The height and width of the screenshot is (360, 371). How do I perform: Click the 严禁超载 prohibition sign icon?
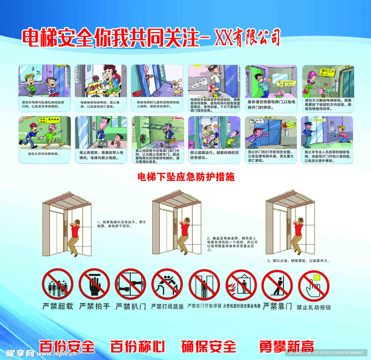coord(58,284)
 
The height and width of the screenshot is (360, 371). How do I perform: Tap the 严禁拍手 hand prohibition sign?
coord(94,284)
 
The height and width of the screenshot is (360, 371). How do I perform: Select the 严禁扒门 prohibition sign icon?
coord(130,284)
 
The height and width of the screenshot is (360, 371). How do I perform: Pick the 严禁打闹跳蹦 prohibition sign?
coord(167,284)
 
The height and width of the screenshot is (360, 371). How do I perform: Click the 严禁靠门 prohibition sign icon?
coord(277,284)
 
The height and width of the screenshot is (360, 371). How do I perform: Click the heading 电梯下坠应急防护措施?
coord(185,177)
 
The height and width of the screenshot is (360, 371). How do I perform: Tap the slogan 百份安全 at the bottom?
coord(67,347)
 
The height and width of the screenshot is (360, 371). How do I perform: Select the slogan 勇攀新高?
coord(286,347)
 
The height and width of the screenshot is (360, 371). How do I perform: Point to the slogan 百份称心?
coord(137,347)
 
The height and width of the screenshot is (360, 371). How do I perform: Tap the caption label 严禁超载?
coord(58,306)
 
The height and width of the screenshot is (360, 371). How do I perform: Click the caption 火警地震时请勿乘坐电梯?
coord(241,306)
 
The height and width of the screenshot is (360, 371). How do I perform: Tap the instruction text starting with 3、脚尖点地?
coord(298,261)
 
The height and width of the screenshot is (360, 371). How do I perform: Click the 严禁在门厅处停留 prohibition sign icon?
coord(204,284)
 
